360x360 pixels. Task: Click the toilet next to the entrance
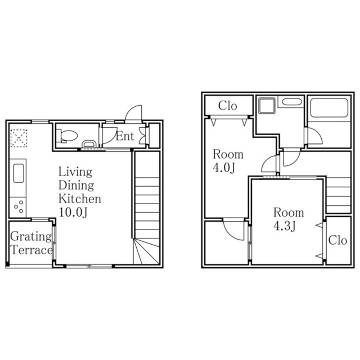(67, 136)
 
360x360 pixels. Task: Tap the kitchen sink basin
(19, 173)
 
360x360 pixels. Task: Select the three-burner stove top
(18, 207)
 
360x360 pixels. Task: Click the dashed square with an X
(19, 138)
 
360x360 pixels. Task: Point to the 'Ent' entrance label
(125, 136)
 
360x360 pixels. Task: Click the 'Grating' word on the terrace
(31, 237)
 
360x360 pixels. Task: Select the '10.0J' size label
(73, 212)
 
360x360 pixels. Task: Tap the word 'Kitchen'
(80, 199)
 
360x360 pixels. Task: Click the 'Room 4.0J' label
(228, 161)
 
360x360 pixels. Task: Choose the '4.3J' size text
(284, 226)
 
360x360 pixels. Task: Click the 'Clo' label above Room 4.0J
(228, 106)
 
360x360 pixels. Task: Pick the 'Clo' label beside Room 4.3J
(337, 240)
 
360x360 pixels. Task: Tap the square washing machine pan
(267, 106)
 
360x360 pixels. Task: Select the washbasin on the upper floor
(291, 101)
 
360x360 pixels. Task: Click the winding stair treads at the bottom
(146, 251)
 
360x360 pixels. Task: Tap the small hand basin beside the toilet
(89, 144)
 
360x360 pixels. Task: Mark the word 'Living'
(75, 172)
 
